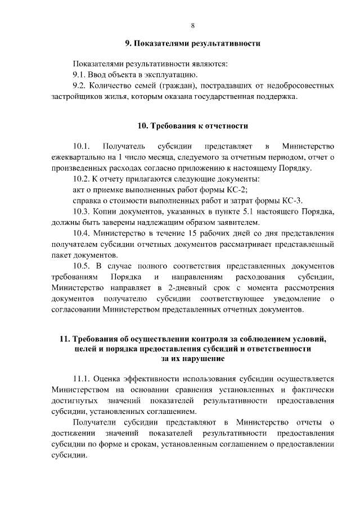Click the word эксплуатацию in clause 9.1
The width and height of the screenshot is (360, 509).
click(169, 75)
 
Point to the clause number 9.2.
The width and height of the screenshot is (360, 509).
click(82, 86)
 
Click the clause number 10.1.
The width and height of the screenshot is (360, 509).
click(83, 147)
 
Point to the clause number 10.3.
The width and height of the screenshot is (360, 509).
click(84, 211)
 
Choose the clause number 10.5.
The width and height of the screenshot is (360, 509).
click(84, 265)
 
